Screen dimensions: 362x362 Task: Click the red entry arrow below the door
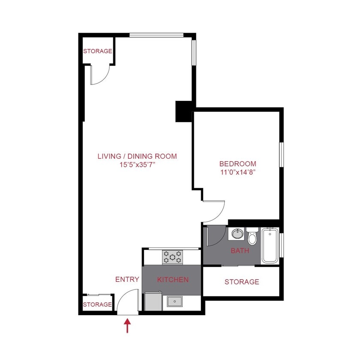coord(127,326)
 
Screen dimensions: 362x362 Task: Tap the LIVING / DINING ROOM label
coord(137,156)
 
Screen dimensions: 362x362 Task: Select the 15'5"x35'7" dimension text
coord(137,165)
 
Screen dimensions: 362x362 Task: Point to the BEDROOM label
coord(238,163)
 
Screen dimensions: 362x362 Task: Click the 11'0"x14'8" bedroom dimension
coord(238,172)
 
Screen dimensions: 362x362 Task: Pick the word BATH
coord(240,250)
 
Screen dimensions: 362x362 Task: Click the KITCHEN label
coord(173,280)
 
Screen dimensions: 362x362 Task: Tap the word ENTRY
coord(127,280)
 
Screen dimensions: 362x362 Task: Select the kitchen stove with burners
coord(172,257)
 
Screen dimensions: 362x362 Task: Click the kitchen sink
coord(175,302)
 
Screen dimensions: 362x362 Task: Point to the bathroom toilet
coord(252,237)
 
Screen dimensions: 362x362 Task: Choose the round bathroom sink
coord(237,234)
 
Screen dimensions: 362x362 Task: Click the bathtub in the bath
coord(270,245)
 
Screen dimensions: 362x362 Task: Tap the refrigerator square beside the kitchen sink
coord(153,302)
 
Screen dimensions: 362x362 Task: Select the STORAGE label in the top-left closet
coord(97,51)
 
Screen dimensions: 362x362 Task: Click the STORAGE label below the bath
coord(242,282)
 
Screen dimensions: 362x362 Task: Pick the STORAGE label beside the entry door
coord(97,305)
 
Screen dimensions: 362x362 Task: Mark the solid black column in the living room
coord(184,111)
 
